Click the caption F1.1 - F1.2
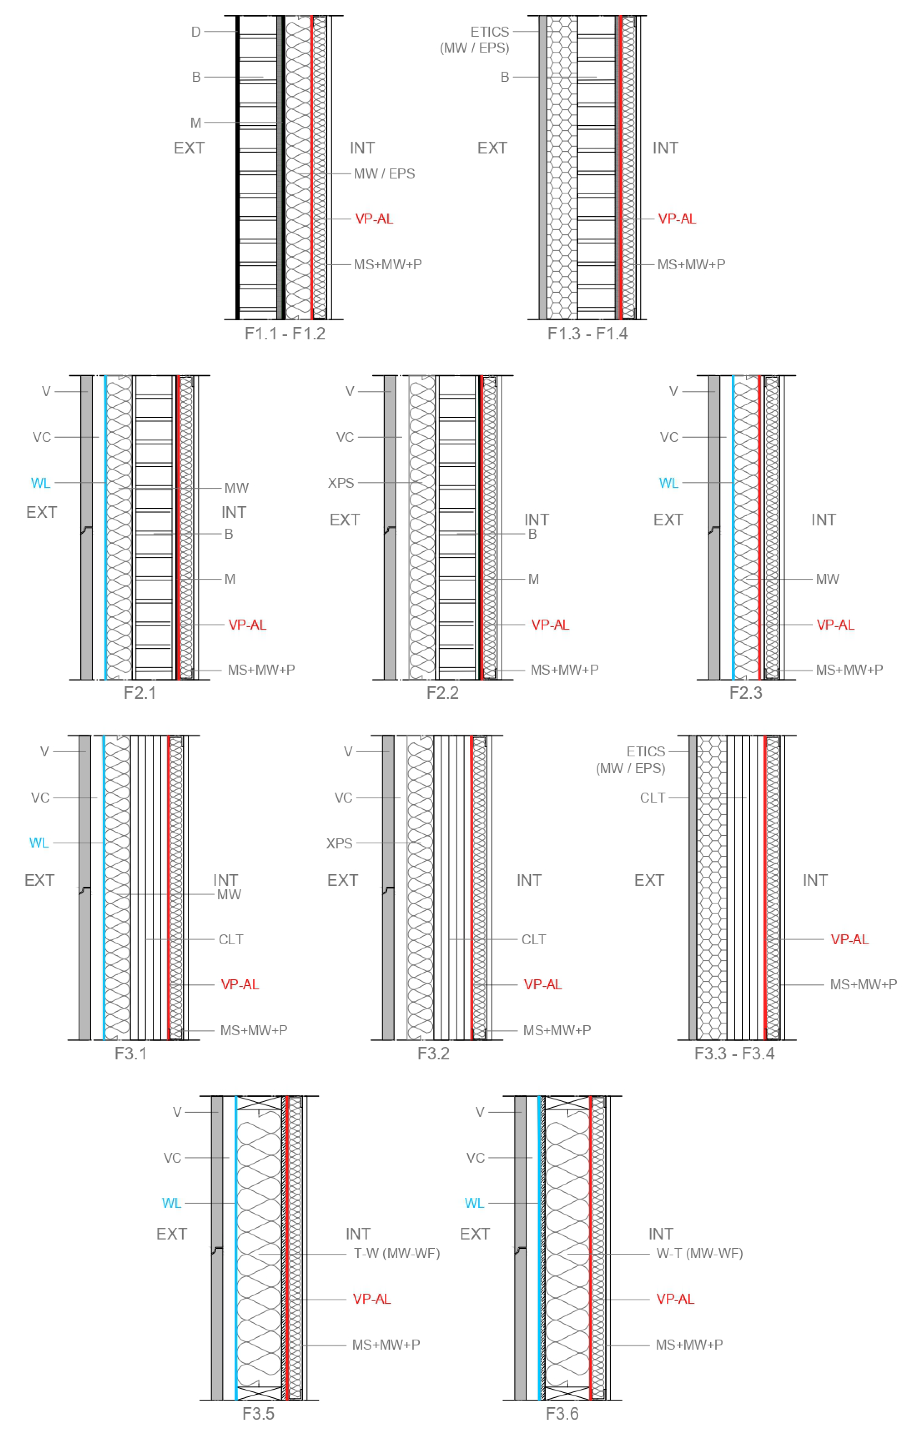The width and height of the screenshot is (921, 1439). (x=285, y=334)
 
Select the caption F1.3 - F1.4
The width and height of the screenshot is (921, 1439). (x=587, y=334)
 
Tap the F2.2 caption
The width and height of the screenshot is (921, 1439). (x=443, y=693)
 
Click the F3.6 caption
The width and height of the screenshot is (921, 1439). (x=562, y=1414)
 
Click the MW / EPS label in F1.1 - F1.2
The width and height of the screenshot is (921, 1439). (x=384, y=174)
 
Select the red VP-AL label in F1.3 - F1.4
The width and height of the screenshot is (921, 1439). (x=677, y=219)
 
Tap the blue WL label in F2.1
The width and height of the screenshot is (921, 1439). (x=41, y=483)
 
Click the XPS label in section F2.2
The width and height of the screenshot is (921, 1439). (x=341, y=483)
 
